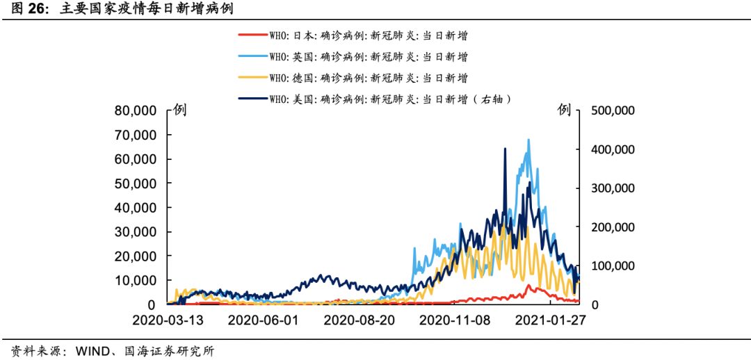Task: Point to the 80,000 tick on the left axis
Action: [135, 111]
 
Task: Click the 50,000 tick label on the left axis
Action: [135, 183]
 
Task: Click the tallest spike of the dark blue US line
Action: [505, 149]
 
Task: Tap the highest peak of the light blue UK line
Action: [528, 140]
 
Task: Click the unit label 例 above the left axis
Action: [179, 110]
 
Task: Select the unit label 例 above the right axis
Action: [564, 110]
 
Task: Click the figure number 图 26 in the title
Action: [23, 9]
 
